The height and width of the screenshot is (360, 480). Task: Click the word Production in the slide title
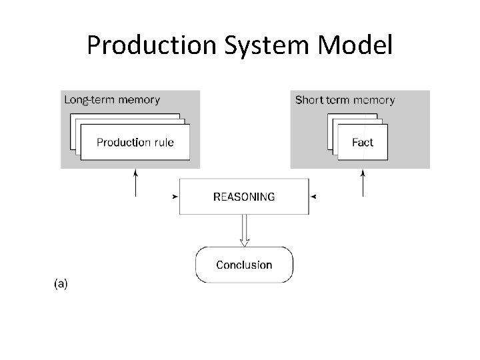[152, 45]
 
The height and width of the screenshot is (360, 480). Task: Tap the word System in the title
[267, 46]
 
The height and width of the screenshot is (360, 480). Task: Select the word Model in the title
[355, 45]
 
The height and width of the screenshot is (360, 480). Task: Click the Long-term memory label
[112, 100]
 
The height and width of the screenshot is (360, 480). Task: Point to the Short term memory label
[345, 100]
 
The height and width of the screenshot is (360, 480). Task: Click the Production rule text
[135, 143]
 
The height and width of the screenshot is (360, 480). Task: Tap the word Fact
[363, 143]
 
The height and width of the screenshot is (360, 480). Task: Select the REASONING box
[244, 197]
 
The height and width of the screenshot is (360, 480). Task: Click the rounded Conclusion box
[244, 265]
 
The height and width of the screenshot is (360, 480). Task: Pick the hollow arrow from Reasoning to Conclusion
[244, 230]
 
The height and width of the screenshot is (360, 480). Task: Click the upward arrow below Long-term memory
[135, 183]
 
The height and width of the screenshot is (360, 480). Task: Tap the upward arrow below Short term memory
[363, 183]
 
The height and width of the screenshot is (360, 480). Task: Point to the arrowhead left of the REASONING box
[175, 197]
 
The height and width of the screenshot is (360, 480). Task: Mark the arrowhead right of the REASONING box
[313, 197]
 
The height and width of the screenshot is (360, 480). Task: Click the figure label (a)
[61, 284]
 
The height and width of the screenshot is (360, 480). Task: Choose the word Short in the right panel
[309, 100]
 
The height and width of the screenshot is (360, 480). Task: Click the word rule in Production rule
[164, 143]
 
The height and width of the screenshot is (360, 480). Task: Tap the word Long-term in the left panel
[89, 100]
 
